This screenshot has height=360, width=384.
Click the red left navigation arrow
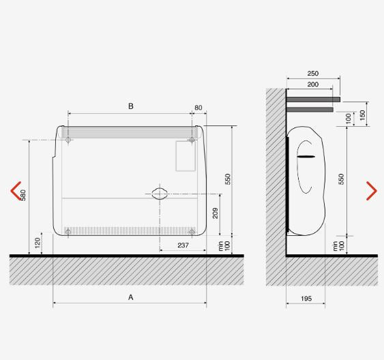click(x=15, y=191)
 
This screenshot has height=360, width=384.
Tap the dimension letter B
click(x=131, y=106)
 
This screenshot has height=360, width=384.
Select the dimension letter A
click(x=131, y=297)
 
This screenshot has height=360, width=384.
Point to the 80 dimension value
click(x=198, y=108)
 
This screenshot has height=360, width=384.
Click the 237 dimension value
click(x=183, y=245)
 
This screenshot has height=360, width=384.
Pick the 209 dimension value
click(x=215, y=213)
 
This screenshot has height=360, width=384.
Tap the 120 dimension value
click(x=38, y=243)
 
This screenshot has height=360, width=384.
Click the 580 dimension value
click(x=23, y=195)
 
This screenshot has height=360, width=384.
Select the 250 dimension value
click(x=313, y=74)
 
